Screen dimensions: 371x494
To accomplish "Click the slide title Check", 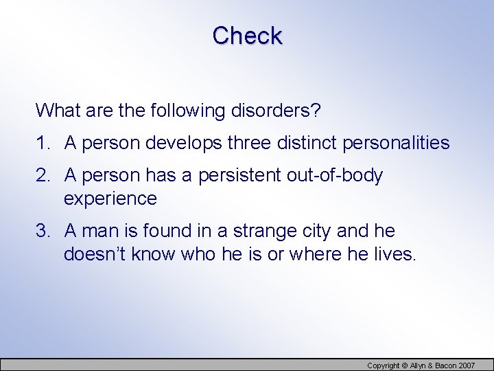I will pyautogui.click(x=247, y=36).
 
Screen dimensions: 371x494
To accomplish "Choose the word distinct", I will pyautogui.click(x=311, y=143).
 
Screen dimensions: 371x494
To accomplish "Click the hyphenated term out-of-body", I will pyautogui.click(x=336, y=176).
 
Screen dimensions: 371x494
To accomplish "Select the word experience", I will pyautogui.click(x=110, y=199).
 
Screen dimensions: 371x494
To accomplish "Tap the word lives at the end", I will pyautogui.click(x=393, y=254).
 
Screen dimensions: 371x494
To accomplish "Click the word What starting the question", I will pyautogui.click(x=56, y=111).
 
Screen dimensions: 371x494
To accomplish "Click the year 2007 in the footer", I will pyautogui.click(x=467, y=366).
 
